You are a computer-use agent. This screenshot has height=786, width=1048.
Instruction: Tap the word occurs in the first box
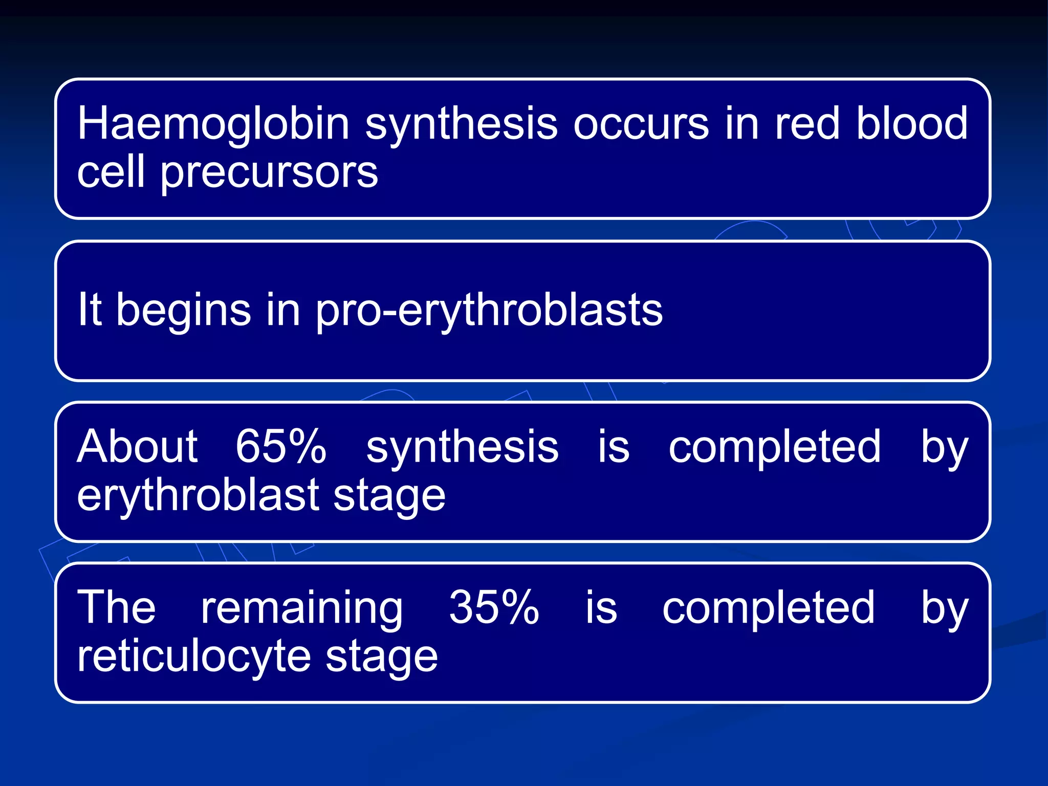(x=641, y=124)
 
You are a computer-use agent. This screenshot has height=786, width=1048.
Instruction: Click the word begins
(x=184, y=311)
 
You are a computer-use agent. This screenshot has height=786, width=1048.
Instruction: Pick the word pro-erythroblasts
(x=489, y=311)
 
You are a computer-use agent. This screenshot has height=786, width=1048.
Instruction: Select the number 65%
(x=280, y=446)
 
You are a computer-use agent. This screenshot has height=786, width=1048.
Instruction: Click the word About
(x=137, y=446)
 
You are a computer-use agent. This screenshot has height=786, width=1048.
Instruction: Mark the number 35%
(x=494, y=607)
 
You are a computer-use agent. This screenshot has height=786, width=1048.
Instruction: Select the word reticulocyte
(x=194, y=657)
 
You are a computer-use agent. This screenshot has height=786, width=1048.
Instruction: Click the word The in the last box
(x=116, y=607)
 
